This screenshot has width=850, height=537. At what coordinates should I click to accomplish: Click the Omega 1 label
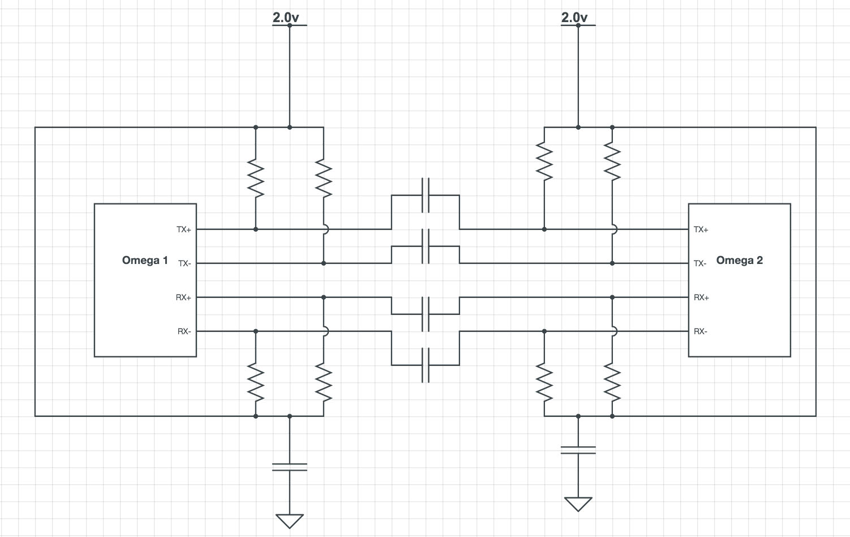click(145, 260)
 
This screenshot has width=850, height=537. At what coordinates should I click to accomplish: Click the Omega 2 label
click(739, 260)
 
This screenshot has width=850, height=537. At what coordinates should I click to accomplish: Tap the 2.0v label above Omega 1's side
click(286, 18)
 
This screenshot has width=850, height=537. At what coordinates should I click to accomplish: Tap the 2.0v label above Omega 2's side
click(574, 18)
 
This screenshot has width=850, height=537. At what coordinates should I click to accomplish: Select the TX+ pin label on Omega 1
click(184, 229)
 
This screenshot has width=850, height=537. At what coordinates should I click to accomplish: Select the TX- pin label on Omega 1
click(184, 263)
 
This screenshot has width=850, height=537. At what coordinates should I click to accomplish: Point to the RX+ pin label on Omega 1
click(183, 297)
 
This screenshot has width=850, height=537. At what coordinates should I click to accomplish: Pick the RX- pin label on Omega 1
click(184, 331)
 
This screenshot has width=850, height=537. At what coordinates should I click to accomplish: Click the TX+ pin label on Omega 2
click(701, 229)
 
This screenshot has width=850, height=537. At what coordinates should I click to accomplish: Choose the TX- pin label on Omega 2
click(700, 263)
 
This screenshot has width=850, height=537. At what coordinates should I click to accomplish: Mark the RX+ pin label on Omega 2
click(701, 297)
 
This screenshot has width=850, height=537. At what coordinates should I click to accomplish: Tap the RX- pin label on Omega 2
click(701, 331)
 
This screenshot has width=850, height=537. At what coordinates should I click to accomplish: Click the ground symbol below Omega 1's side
click(290, 521)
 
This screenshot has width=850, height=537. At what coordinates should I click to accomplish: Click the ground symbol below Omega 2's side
click(578, 504)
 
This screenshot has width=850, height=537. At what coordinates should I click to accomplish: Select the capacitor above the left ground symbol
click(290, 467)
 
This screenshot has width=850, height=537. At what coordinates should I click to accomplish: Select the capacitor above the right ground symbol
click(578, 450)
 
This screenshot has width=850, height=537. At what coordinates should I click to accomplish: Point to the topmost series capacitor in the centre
click(426, 195)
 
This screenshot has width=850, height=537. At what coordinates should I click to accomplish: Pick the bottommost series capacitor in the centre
click(426, 365)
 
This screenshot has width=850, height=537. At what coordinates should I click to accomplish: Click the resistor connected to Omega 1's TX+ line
click(256, 178)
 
